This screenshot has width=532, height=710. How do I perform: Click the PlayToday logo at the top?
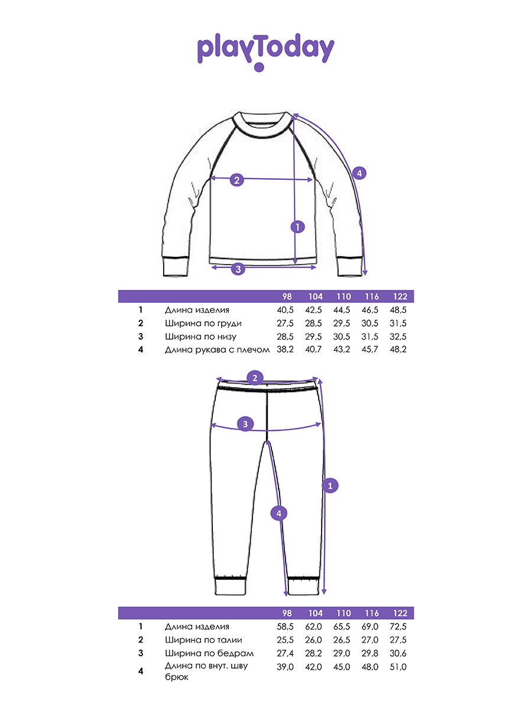click(x=265, y=51)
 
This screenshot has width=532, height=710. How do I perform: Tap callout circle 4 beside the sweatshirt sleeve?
click(x=359, y=173)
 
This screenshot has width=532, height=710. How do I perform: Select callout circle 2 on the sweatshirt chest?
click(x=236, y=180)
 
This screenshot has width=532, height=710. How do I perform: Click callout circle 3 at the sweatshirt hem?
click(x=238, y=269)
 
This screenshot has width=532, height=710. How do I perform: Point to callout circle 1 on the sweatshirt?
click(x=297, y=225)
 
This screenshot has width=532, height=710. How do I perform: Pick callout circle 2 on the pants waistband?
click(x=255, y=377)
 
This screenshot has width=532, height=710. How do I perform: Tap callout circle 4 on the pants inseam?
click(x=280, y=513)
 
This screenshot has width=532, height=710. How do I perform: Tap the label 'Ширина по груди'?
click(x=203, y=324)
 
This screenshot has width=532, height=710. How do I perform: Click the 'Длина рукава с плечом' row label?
click(x=217, y=350)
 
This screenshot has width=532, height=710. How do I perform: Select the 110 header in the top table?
click(x=343, y=297)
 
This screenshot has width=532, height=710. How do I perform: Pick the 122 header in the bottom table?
click(x=399, y=614)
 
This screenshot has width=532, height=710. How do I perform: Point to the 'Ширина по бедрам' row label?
click(x=209, y=653)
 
